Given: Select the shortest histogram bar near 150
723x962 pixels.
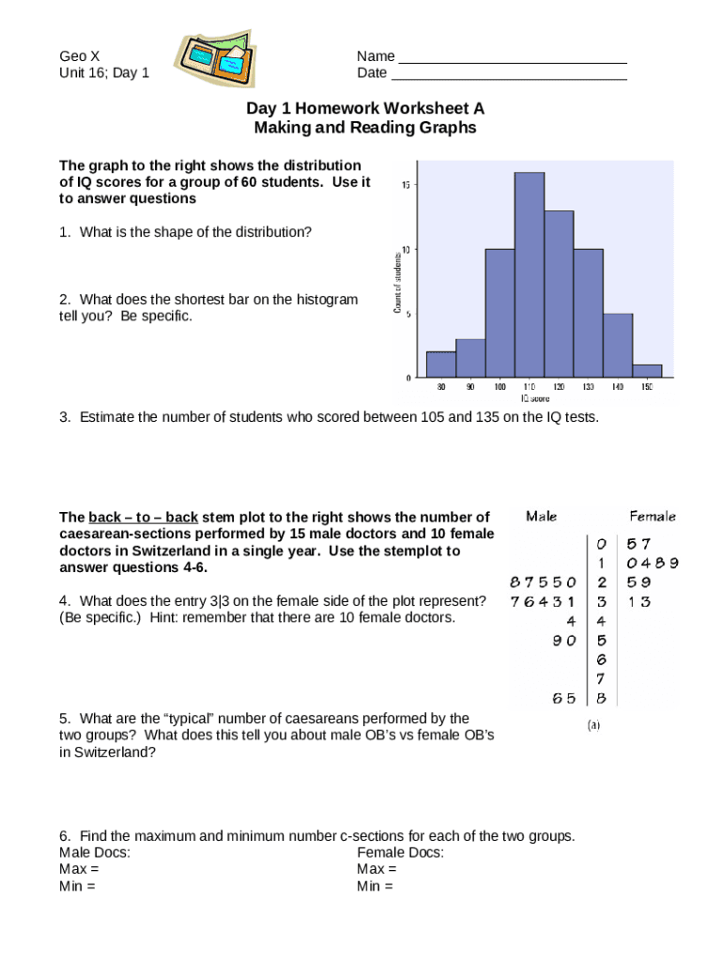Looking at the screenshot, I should pyautogui.click(x=647, y=371).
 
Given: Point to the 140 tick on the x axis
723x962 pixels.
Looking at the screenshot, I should pyautogui.click(x=617, y=386).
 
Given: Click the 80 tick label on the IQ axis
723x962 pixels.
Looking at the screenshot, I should pyautogui.click(x=441, y=386).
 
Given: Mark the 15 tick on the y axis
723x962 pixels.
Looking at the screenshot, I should pyautogui.click(x=405, y=185).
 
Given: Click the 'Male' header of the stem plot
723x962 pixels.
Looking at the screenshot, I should pyautogui.click(x=542, y=516).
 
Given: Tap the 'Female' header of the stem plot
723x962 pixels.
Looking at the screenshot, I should pyautogui.click(x=652, y=516).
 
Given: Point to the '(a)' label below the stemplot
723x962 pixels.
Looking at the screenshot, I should pyautogui.click(x=593, y=725).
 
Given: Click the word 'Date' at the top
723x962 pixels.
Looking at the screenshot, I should pyautogui.click(x=372, y=73).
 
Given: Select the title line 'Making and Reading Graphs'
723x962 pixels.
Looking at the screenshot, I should pyautogui.click(x=365, y=128).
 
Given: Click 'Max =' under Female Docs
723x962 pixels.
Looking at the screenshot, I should pyautogui.click(x=377, y=869).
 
